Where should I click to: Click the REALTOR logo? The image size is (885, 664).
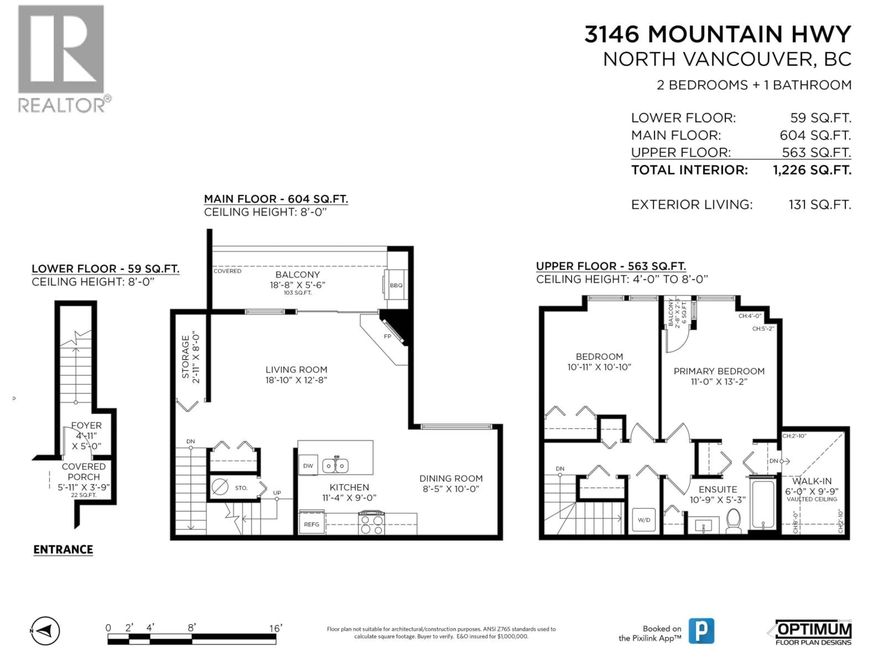(62, 58)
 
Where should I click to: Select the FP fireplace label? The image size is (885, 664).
(387, 336)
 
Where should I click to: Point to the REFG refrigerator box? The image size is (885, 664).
(311, 524)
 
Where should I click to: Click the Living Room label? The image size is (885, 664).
(296, 369)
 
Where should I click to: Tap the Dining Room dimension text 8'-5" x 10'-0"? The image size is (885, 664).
(451, 489)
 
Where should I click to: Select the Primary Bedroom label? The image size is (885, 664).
(719, 371)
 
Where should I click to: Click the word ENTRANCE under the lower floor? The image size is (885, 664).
(63, 550)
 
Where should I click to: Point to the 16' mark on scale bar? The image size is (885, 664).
(275, 628)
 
